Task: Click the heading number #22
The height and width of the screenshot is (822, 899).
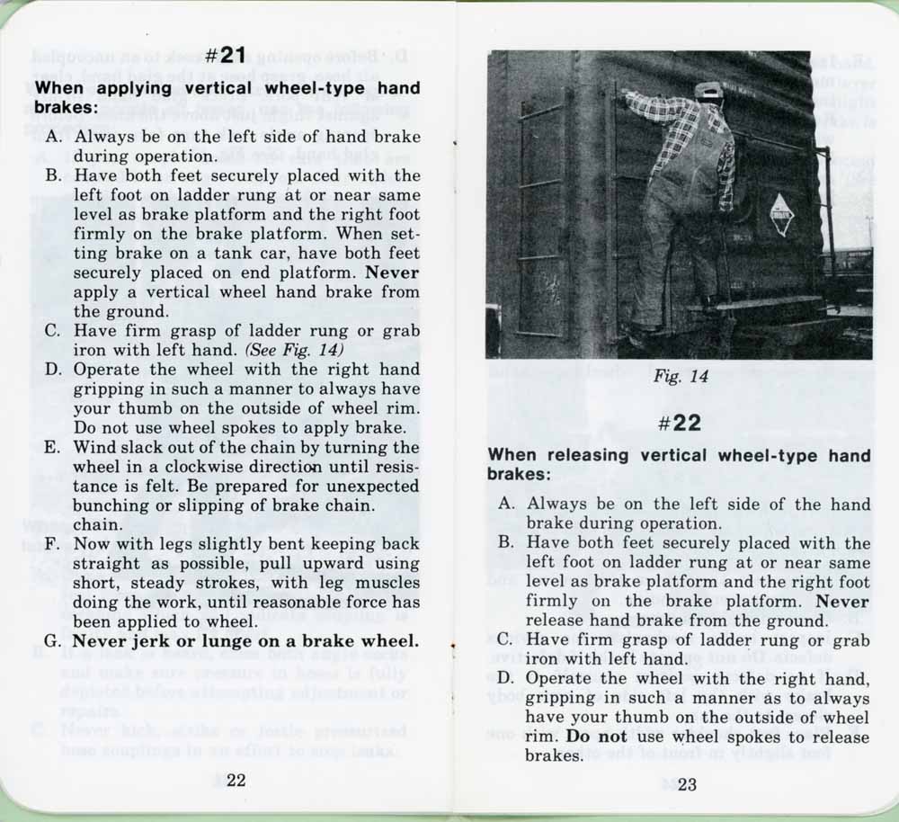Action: pos(680,423)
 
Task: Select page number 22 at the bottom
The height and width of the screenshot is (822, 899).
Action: pos(236,781)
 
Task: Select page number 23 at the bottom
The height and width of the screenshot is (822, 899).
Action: pos(688,783)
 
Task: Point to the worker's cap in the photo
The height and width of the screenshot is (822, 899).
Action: pos(708,90)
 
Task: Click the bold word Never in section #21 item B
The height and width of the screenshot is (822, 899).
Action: pos(391,273)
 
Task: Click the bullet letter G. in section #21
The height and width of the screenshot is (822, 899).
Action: pos(53,641)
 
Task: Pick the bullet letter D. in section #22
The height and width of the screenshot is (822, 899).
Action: pos(506,678)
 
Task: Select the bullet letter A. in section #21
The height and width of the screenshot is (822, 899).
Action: pos(54,138)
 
